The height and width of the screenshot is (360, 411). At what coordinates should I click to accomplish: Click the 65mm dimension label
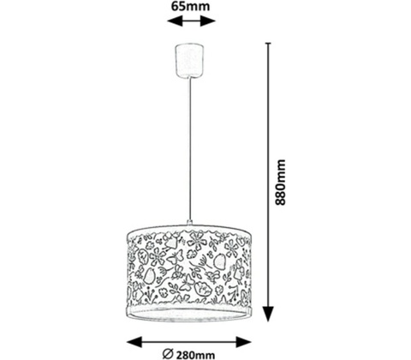point(190,6)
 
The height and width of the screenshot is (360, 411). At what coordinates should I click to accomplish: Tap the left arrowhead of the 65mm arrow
point(175,21)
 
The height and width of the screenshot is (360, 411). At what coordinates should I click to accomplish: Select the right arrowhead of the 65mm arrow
point(207,21)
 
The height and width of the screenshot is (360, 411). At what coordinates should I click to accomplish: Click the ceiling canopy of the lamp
point(188,61)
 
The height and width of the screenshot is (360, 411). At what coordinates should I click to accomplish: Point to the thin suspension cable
point(189,148)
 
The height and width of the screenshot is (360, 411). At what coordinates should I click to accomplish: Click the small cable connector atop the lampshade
point(189,222)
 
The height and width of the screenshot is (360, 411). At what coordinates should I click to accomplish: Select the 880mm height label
point(280,183)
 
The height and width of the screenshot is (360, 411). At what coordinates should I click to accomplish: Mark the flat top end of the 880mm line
point(268,43)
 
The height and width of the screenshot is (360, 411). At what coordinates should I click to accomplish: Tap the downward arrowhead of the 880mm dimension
point(268,314)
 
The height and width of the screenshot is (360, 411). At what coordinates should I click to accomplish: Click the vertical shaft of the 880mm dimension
point(268,175)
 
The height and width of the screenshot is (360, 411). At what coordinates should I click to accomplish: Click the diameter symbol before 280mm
point(168,354)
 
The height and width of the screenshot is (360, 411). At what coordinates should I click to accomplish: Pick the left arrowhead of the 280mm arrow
point(134,342)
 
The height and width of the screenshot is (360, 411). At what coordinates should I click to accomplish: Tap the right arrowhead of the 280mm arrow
point(243,342)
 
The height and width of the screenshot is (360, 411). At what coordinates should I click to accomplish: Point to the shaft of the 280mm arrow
point(189,342)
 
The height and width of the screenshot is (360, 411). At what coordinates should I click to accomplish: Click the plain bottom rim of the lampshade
point(189,315)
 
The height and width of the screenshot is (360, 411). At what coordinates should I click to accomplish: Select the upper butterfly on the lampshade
point(175,259)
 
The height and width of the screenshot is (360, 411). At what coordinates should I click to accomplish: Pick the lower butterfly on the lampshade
point(187,282)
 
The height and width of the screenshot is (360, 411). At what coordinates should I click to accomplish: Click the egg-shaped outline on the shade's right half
point(220,261)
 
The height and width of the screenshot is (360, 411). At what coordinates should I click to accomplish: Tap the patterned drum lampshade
point(189,273)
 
